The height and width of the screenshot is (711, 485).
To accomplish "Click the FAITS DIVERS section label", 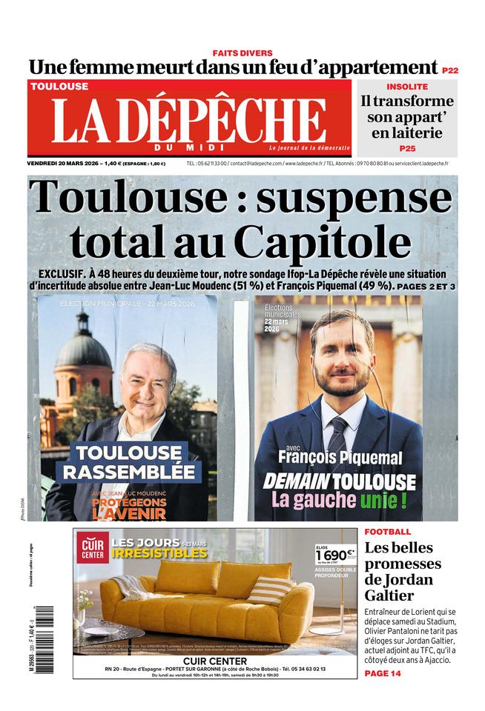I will point(242,53).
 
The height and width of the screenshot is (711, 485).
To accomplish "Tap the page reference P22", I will point(449,70).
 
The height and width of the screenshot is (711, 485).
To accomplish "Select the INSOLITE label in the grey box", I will point(407,87).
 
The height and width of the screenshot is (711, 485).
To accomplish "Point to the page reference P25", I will point(407,148).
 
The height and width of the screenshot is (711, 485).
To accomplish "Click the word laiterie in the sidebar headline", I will point(407,133).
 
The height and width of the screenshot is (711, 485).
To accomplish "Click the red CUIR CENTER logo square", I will point(93,547).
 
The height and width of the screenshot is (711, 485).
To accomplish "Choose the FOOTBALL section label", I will point(387,532).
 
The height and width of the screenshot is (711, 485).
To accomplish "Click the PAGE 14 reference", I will point(383,673).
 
